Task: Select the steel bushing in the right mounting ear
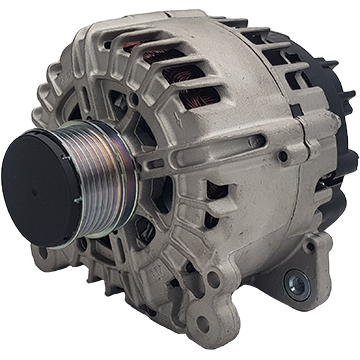pos(296,279)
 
